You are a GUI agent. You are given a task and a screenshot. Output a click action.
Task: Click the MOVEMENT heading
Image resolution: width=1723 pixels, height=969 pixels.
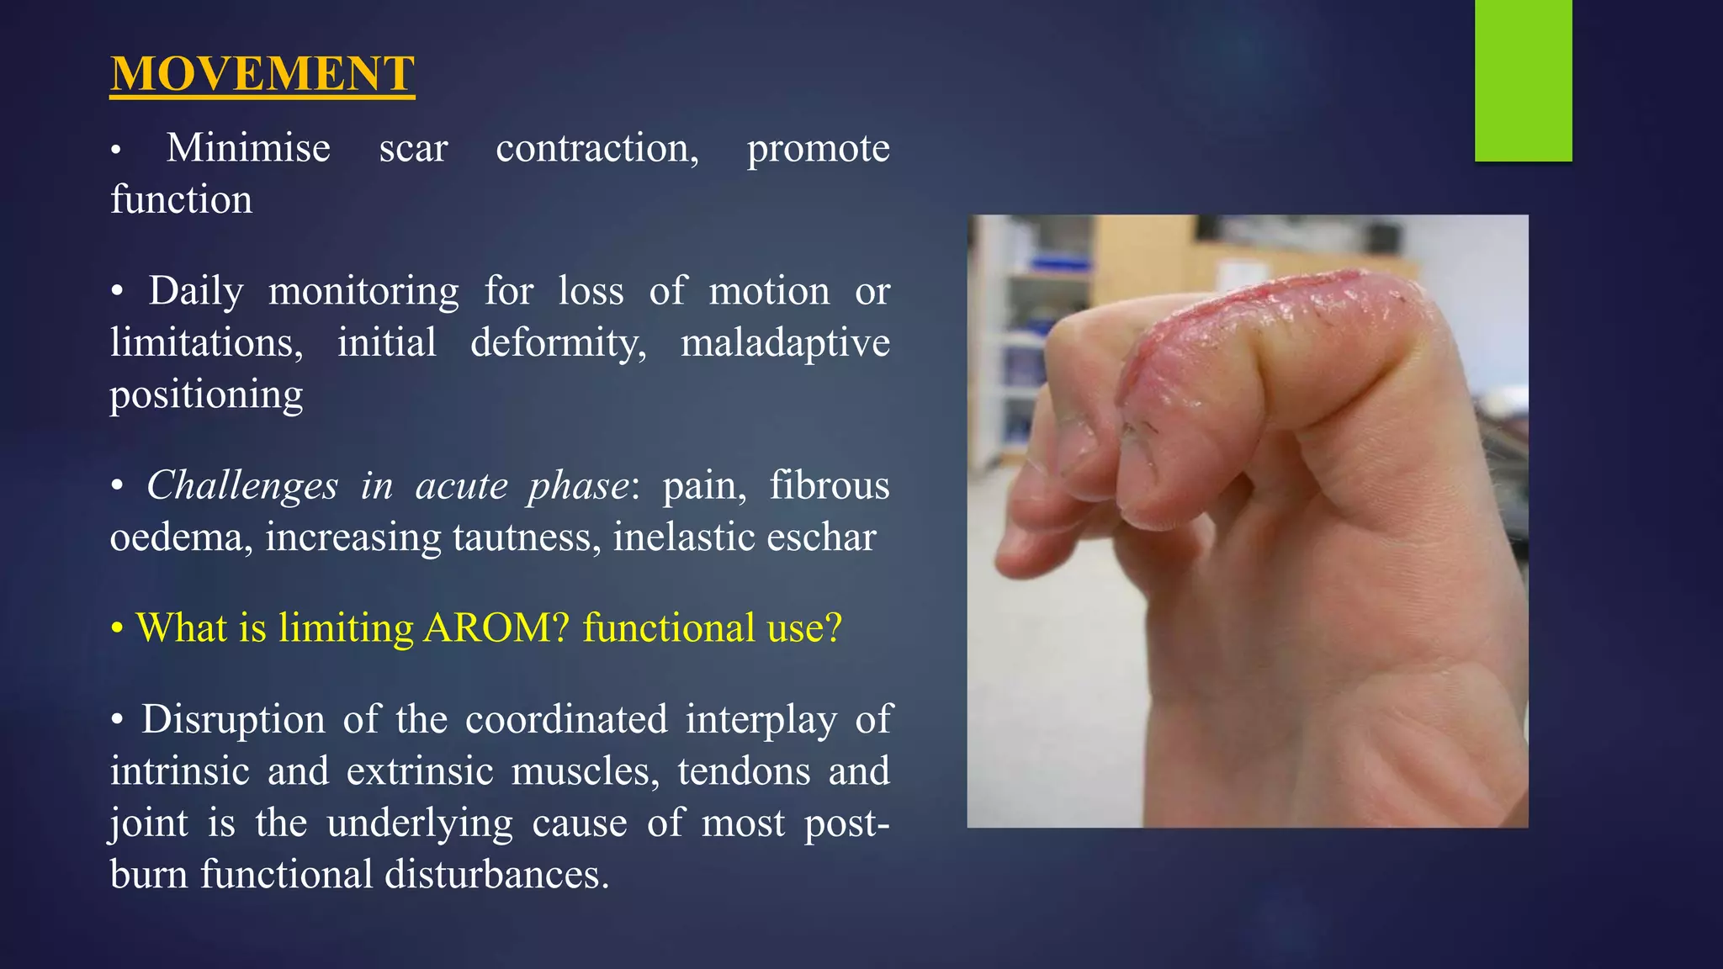(262, 74)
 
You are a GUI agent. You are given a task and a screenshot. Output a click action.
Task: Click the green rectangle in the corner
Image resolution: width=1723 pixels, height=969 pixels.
(1523, 80)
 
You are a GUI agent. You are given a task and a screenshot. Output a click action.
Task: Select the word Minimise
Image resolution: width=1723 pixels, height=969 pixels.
(248, 149)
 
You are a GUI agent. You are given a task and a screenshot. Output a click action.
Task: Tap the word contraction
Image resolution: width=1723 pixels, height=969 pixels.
(597, 149)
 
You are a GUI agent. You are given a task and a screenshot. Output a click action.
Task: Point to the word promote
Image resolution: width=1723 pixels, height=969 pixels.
(818, 149)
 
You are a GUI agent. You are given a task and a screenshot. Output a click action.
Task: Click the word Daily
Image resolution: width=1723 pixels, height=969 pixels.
(196, 292)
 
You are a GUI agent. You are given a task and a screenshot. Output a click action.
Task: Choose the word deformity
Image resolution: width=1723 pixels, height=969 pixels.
(558, 343)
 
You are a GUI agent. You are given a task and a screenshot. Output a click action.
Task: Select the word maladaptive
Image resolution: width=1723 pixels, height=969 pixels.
(784, 343)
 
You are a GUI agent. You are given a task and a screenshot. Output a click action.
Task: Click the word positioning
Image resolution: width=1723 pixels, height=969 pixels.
(206, 395)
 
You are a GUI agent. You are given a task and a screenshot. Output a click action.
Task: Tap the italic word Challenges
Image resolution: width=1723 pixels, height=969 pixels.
(242, 486)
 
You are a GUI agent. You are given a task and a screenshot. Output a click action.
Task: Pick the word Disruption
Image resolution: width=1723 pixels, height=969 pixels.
(233, 720)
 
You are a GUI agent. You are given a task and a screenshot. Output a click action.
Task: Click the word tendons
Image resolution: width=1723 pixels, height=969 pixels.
(744, 772)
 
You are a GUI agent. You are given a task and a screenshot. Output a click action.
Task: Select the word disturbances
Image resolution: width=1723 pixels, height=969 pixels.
(496, 875)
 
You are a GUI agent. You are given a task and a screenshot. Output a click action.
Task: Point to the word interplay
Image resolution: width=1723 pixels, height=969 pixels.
(761, 720)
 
